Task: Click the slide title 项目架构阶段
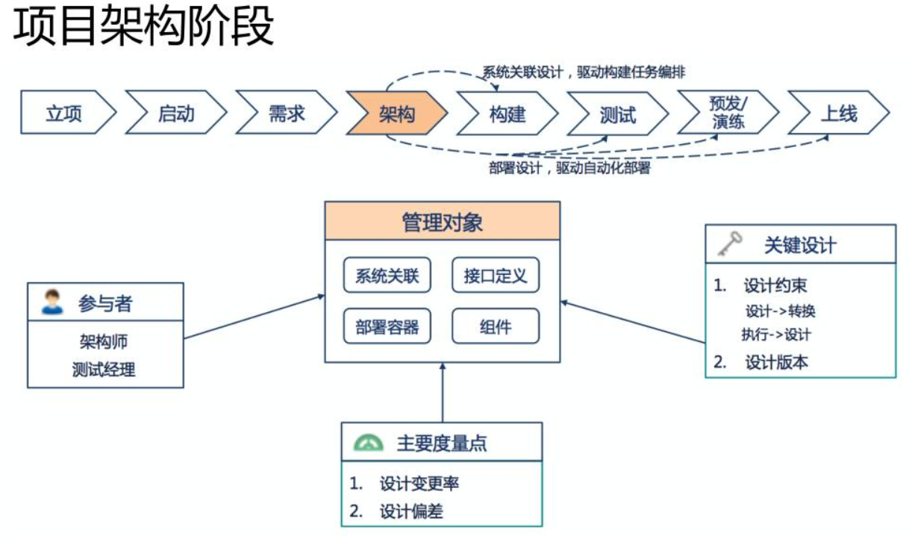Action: pos(144,28)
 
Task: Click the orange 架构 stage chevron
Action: pos(396,114)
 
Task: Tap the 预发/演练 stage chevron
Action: pos(728,113)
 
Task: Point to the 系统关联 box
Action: pos(387,276)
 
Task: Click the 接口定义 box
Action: pos(496,276)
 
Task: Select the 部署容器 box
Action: pos(387,326)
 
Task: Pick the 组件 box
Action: pos(496,326)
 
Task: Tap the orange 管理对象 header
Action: pos(442,222)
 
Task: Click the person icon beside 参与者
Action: pos(52,302)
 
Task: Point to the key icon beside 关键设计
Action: pos(729,244)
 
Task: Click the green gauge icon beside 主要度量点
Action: pos(368,442)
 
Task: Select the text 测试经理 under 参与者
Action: pos(104,369)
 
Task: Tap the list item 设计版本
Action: pos(776,362)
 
